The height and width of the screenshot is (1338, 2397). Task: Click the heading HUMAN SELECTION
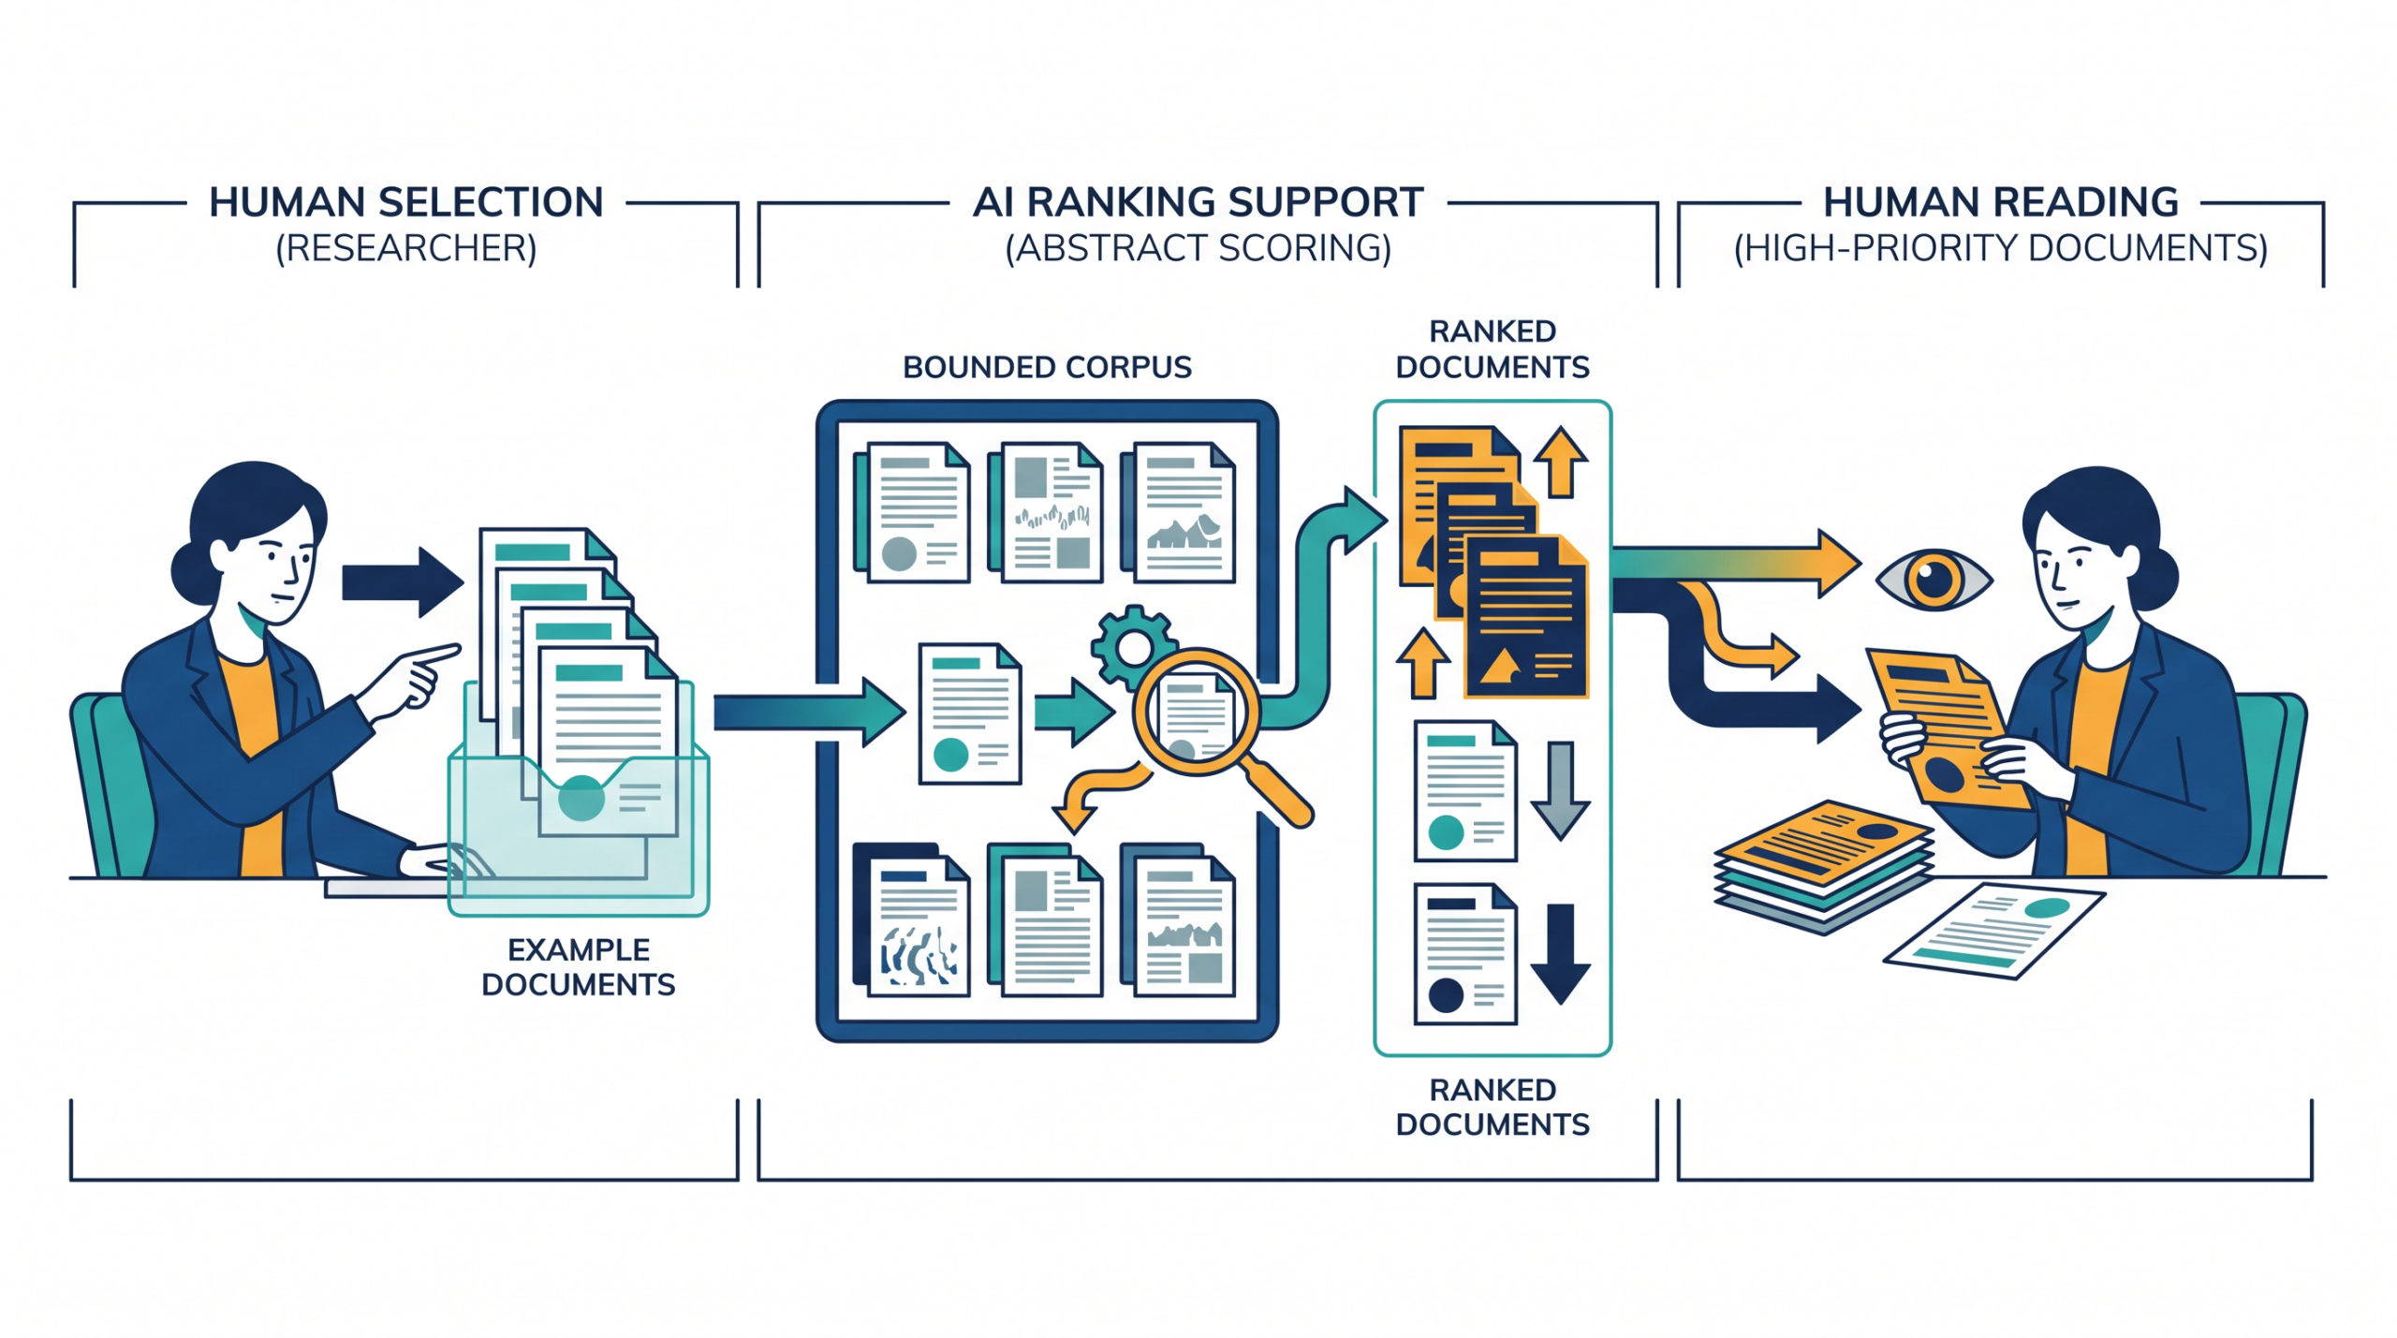click(x=405, y=202)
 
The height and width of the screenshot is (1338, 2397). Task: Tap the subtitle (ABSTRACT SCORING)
click(x=1198, y=248)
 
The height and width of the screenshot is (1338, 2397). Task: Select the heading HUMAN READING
click(x=2000, y=202)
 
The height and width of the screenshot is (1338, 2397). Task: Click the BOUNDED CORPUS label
click(x=1047, y=367)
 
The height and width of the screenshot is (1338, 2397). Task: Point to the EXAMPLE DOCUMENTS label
click(x=578, y=967)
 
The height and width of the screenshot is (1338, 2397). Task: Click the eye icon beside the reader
click(x=1934, y=580)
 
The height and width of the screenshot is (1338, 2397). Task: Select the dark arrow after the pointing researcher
click(x=403, y=581)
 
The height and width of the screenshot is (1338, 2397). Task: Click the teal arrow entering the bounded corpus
click(x=810, y=713)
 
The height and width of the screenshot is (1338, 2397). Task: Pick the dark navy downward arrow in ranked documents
click(x=1560, y=954)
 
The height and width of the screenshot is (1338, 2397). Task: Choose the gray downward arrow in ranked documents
click(x=1560, y=790)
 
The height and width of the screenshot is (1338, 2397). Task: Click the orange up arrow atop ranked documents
click(x=1560, y=462)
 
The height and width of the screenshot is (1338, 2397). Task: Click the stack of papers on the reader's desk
click(x=1823, y=865)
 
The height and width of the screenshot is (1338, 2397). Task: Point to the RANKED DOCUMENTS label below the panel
click(x=1493, y=1107)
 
